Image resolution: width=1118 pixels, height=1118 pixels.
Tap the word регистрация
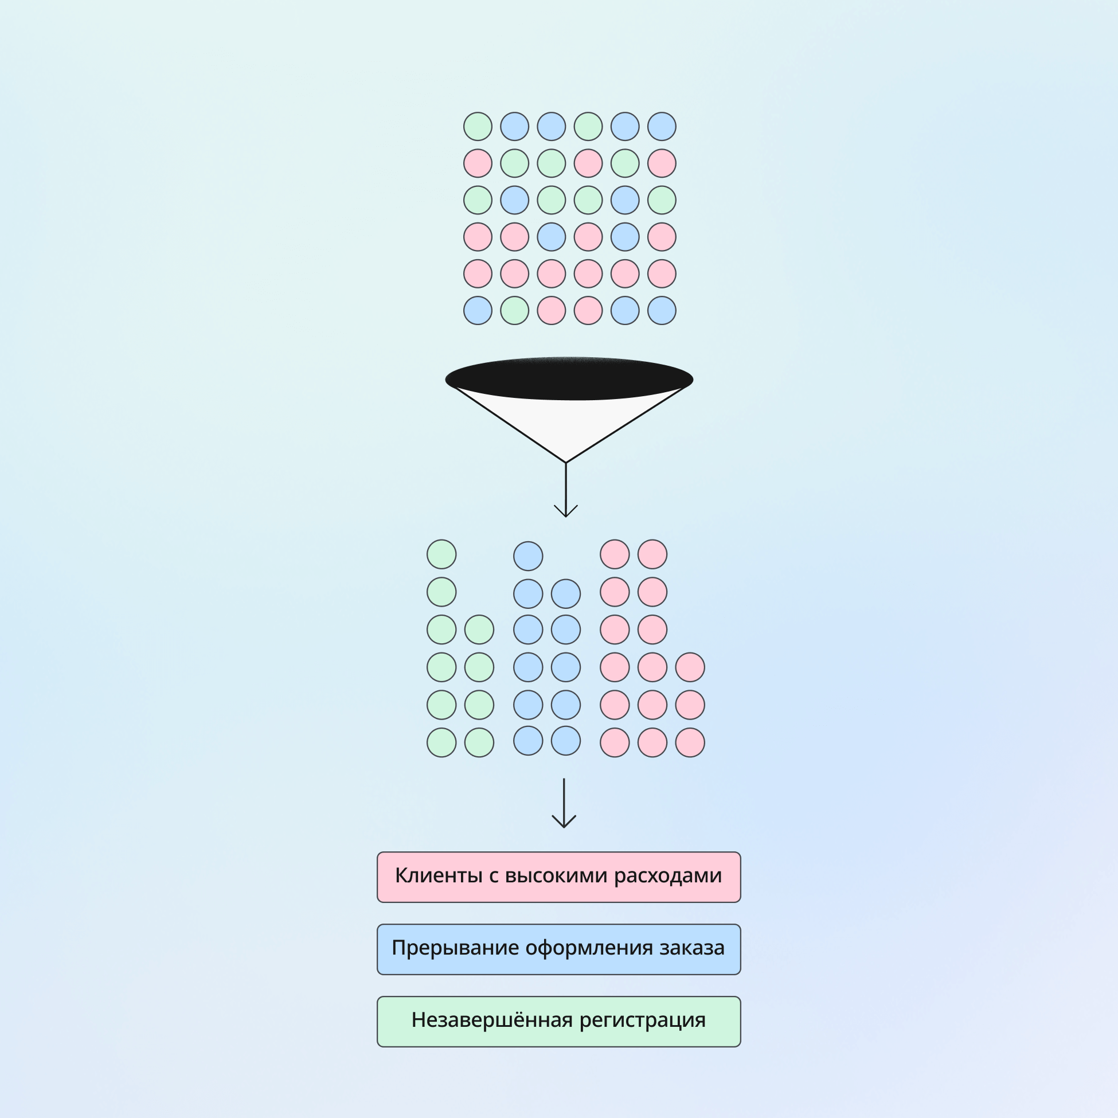(x=642, y=1020)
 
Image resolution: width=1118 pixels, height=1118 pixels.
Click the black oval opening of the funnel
(x=569, y=378)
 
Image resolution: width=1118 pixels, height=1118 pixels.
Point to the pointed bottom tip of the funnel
(x=566, y=462)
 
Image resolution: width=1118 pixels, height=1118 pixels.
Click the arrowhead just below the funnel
(x=566, y=511)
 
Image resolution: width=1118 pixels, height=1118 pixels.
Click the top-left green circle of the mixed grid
(x=478, y=127)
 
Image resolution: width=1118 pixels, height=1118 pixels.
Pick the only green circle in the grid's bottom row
(x=514, y=311)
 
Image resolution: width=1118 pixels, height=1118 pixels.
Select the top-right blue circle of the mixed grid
(x=662, y=127)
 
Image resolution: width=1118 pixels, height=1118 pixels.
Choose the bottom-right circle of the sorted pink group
(x=690, y=742)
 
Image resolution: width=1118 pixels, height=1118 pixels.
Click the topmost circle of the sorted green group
(x=441, y=554)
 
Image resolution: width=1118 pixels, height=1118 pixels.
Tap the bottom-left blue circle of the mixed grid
(x=478, y=311)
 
